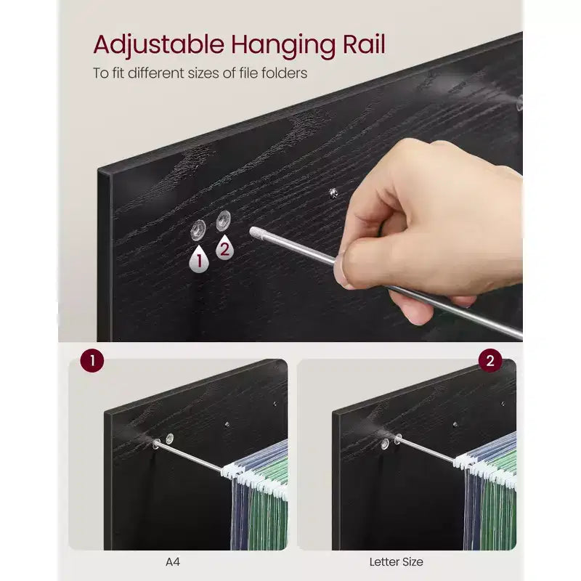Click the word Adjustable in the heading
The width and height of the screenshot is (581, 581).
point(158,46)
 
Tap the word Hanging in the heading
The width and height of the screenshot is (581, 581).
point(283,46)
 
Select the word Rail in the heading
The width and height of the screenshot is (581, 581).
point(365,44)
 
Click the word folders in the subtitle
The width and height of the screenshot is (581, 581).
point(284,73)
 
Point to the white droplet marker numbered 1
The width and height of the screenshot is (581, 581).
point(199,259)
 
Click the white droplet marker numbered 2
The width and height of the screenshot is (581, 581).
point(224,247)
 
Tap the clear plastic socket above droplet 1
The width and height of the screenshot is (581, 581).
point(198,229)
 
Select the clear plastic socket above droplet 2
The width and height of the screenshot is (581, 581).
point(224,221)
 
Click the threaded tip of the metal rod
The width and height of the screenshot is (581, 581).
point(256,233)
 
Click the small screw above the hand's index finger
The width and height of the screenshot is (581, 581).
point(333,193)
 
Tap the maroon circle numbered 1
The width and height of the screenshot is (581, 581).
point(92,360)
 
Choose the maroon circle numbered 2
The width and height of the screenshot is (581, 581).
point(489,360)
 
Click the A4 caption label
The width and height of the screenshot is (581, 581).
point(173,561)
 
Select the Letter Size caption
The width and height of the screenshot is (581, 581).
point(396,561)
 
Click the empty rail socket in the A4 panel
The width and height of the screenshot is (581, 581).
point(170,439)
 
